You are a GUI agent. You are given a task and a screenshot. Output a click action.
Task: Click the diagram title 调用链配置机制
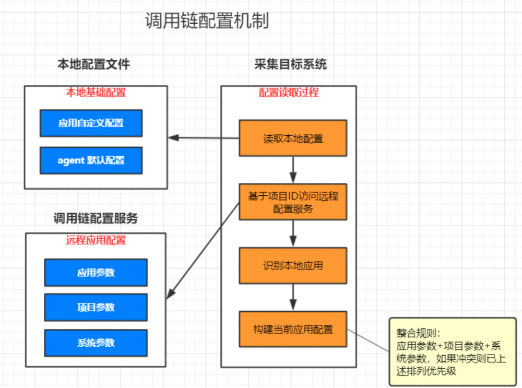coord(207,21)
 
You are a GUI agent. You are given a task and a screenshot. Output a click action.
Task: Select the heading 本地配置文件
coord(93,64)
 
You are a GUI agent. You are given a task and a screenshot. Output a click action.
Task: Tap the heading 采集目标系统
coord(290,64)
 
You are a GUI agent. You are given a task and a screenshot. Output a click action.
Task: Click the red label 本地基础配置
coord(96,92)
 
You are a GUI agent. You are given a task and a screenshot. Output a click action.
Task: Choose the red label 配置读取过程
coord(289,92)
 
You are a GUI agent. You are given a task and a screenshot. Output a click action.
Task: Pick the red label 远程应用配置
coord(96,240)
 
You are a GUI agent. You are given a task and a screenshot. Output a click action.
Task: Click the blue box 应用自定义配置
coord(91,123)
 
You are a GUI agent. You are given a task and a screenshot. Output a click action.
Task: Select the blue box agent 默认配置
coord(91,160)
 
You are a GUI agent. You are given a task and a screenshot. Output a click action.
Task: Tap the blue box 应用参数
coord(96,272)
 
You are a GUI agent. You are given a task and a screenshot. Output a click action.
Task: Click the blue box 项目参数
coord(96,307)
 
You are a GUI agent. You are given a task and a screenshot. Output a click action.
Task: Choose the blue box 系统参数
coord(96,343)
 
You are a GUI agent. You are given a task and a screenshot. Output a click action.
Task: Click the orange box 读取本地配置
coord(293,138)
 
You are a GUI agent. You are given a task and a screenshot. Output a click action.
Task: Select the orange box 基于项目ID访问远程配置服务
coord(293,202)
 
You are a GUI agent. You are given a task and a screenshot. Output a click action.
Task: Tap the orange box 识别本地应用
coord(293,265)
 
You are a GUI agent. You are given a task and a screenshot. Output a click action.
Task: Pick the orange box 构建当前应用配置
coord(293,329)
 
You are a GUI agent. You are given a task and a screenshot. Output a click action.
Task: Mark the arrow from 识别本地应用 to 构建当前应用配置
coord(293,297)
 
